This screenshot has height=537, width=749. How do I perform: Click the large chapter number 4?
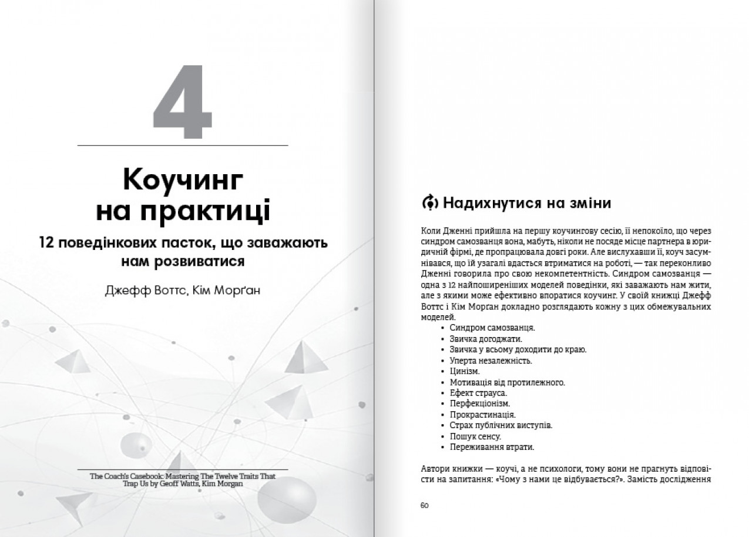click(x=182, y=104)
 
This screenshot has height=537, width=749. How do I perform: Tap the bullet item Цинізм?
click(x=465, y=371)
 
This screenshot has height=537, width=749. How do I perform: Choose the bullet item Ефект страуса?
click(x=478, y=393)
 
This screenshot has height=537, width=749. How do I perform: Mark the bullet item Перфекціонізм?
click(x=480, y=403)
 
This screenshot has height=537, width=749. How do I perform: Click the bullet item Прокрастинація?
click(x=483, y=415)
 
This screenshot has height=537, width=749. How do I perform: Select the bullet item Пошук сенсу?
click(x=475, y=436)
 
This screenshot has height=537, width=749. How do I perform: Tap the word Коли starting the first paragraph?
click(x=430, y=231)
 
